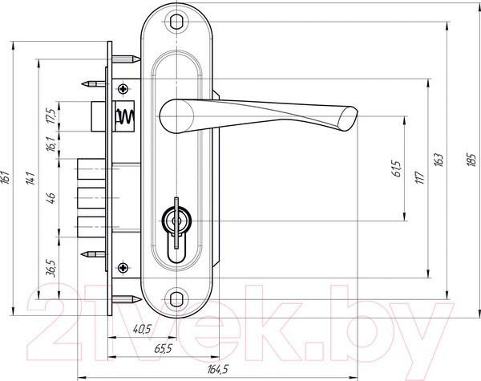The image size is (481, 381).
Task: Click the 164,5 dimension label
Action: pos(218,369)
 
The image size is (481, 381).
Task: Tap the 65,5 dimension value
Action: pos(164,348)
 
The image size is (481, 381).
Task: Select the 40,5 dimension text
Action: pos(143,329)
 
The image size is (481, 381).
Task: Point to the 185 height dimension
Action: pos(471,160)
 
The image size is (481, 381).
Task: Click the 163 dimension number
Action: pos(439,160)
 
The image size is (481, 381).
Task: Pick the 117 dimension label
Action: pos(419,177)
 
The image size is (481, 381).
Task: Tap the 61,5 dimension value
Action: pos(396,168)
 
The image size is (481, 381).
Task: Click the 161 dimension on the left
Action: pos(6,177)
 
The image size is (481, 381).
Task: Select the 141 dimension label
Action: pos(30,178)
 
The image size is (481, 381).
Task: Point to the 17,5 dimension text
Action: pos(51,116)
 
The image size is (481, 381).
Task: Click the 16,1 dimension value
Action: pos(51,144)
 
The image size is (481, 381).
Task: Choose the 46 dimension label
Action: pos(51,197)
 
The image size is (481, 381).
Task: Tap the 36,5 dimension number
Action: pos(51,269)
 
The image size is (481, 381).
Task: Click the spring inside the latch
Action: pos(125,116)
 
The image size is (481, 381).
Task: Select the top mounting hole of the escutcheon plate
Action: pos(176,22)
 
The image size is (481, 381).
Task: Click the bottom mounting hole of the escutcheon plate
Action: pos(176,299)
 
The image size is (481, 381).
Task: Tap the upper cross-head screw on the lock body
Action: pos(123,89)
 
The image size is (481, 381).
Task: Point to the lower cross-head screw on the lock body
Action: pos(123,267)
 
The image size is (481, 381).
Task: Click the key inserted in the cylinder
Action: pos(176,222)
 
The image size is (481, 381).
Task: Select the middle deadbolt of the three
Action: pos(91,197)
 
